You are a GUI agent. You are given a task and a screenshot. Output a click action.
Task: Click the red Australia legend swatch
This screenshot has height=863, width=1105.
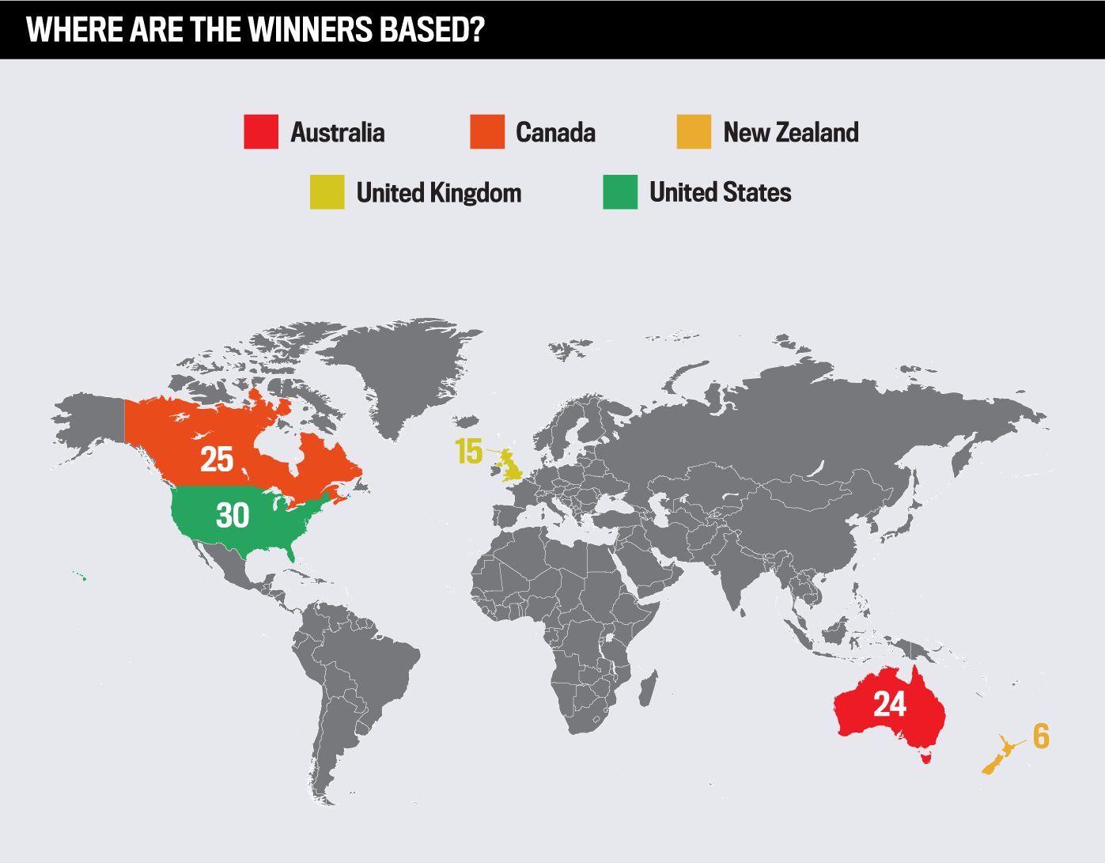pyautogui.click(x=261, y=132)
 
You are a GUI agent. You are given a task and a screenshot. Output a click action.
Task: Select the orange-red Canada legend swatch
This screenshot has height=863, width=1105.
pyautogui.click(x=487, y=132)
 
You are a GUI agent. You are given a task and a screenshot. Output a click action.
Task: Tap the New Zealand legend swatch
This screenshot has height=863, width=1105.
pyautogui.click(x=694, y=132)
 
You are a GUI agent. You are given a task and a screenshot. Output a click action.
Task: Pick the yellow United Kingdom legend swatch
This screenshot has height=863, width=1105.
pyautogui.click(x=327, y=192)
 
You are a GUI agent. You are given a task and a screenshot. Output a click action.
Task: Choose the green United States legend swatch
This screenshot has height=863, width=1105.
pyautogui.click(x=620, y=192)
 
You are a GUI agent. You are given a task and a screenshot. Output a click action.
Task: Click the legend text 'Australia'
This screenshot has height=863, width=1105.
pyautogui.click(x=338, y=132)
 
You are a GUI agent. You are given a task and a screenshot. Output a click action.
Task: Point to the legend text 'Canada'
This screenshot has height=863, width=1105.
pyautogui.click(x=555, y=132)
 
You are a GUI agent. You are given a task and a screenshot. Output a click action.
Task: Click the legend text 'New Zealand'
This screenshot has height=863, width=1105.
pyautogui.click(x=791, y=132)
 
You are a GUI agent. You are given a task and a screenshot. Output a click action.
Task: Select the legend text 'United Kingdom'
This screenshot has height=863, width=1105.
pyautogui.click(x=439, y=192)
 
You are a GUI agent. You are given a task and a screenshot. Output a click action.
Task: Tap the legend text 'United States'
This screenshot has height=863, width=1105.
pyautogui.click(x=720, y=192)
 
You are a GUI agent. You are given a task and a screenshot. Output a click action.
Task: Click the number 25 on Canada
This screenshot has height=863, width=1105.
pyautogui.click(x=217, y=460)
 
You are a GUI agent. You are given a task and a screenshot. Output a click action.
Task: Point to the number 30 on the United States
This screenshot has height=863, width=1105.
pyautogui.click(x=233, y=516)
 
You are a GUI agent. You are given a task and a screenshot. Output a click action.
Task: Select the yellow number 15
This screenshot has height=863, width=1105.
pyautogui.click(x=468, y=452)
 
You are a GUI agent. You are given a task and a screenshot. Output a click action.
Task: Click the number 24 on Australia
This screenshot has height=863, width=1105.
pyautogui.click(x=890, y=704)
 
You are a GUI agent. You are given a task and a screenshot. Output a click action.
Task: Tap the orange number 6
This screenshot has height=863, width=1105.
pyautogui.click(x=1041, y=736)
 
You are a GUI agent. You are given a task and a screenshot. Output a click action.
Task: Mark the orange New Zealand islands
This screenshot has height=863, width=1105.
pyautogui.click(x=998, y=756)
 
